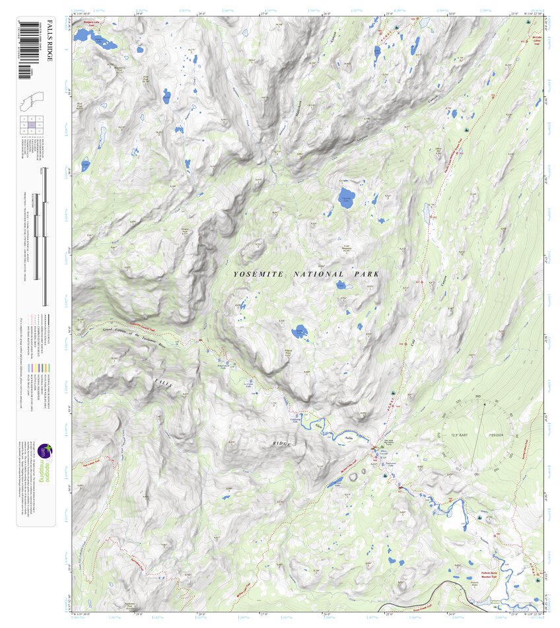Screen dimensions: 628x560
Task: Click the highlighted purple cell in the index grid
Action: [x=32, y=125]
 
